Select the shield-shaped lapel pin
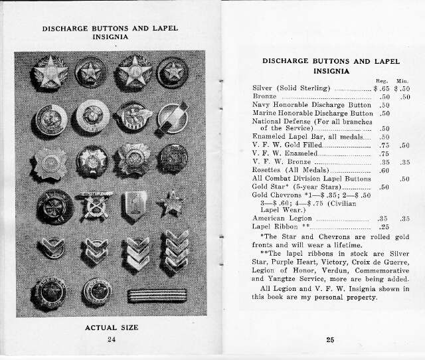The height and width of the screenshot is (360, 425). coord(134,205)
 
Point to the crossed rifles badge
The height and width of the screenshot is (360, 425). coord(93,205)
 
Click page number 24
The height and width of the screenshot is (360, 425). coord(111,340)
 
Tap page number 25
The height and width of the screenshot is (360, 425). coord(330,340)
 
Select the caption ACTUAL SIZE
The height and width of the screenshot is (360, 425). coord(111,328)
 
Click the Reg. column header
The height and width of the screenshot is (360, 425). coord(382,80)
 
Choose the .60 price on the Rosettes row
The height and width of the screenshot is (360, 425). coord(383,171)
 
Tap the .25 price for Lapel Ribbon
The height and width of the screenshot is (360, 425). coord(383,226)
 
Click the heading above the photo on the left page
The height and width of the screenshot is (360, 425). coord(111,33)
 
